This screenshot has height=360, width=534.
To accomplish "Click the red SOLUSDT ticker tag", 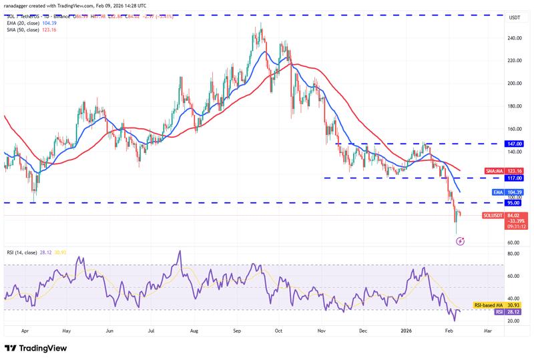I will pos(494,216).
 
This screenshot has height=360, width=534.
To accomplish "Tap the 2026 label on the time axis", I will pos(407,331).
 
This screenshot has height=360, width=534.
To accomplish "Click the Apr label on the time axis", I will pos(25,331).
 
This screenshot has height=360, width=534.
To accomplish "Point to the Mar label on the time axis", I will pos(488,331).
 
